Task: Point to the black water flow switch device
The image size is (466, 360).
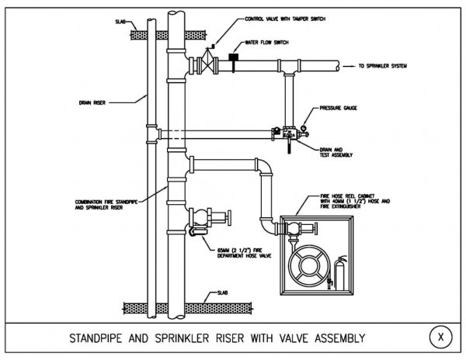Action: click(x=233, y=55)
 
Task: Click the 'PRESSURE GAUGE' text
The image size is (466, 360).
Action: click(x=339, y=109)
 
